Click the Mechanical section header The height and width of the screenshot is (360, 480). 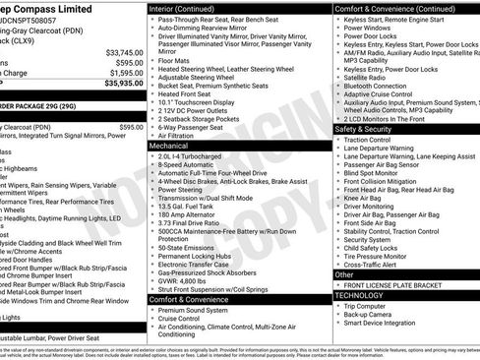pos(169,145)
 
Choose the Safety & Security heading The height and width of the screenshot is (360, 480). pos(370,129)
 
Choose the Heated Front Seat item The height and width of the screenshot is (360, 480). pos(190,92)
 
